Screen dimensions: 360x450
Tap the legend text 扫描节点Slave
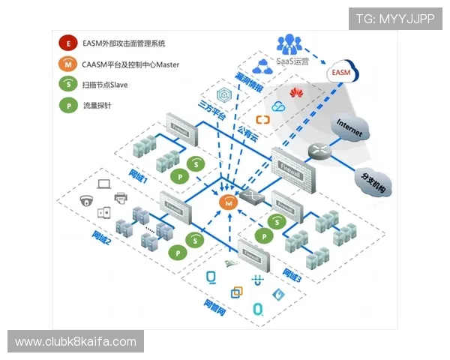pos(106,85)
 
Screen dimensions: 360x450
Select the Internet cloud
pos(350,128)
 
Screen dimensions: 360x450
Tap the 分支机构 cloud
pos(371,181)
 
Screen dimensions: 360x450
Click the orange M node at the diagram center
pos(227,202)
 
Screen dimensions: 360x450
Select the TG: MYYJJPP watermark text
pos(394,19)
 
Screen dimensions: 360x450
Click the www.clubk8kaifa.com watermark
pos(76,342)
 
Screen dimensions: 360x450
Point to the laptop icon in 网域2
pos(103,182)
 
